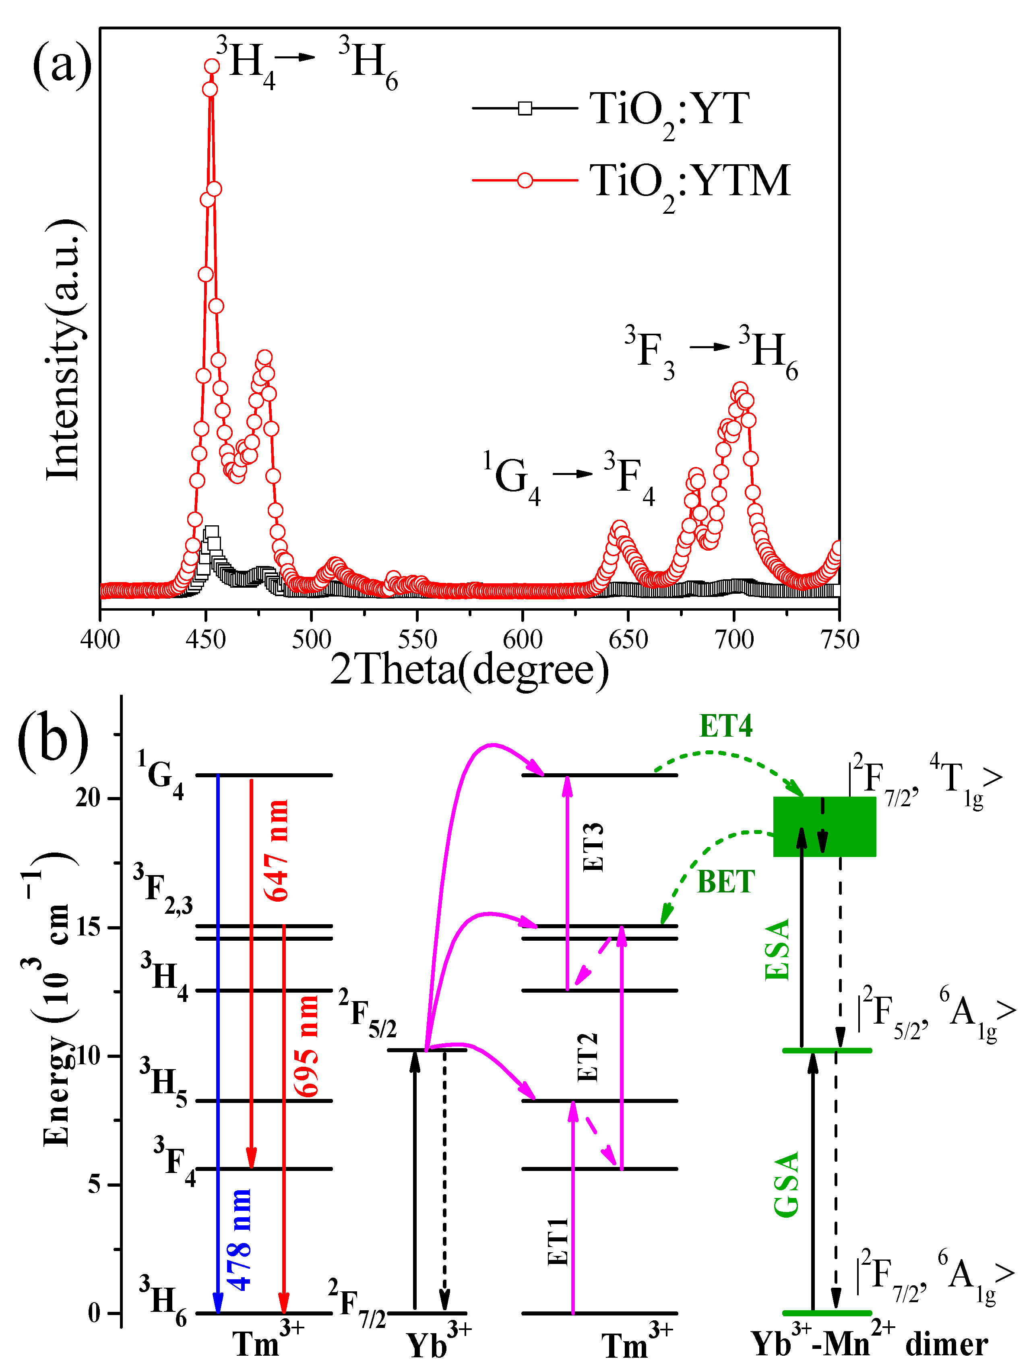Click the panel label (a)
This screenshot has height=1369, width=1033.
click(x=62, y=64)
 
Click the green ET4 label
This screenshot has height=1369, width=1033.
click(x=725, y=726)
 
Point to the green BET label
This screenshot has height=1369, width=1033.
click(x=725, y=882)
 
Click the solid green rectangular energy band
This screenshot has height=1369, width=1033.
click(x=824, y=826)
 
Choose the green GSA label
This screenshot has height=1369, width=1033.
click(x=787, y=1185)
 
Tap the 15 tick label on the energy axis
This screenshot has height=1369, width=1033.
click(x=89, y=928)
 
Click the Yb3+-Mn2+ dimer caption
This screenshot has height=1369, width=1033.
click(x=869, y=1344)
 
